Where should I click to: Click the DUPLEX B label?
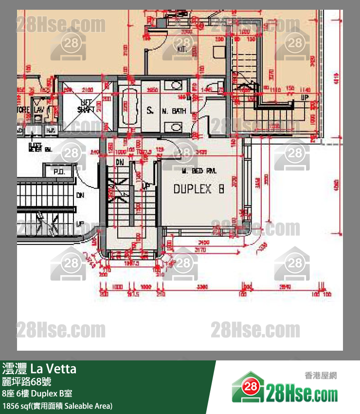pos(198,189)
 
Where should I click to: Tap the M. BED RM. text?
pos(198,171)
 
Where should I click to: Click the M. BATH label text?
pos(174,111)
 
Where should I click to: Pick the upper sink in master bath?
pos(173,86)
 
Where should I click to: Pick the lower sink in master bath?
pos(175,128)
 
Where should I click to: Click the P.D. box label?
pos(59,172)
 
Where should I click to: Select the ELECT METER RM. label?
pos(41,147)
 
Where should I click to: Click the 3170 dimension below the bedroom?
pos(200,250)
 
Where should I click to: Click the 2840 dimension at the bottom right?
pos(285,287)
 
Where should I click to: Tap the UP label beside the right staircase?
pos(305,97)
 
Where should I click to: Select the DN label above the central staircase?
pos(120,162)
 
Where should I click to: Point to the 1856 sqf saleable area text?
pos(57,405)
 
